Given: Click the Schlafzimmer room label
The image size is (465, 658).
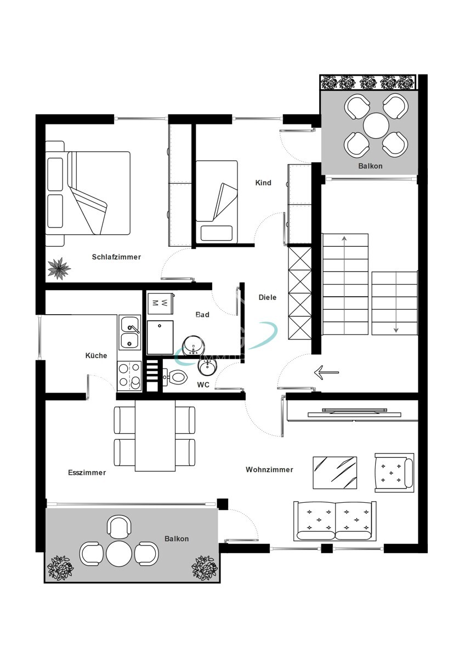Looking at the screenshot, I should (116, 257).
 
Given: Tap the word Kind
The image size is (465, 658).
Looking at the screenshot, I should (263, 183).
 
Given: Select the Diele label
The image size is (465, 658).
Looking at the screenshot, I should (268, 297).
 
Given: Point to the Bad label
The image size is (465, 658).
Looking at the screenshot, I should (202, 315).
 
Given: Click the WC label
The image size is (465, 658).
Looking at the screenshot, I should (203, 385).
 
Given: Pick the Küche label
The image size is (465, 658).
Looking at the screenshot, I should (96, 356).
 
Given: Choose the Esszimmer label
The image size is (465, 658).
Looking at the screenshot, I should (87, 473).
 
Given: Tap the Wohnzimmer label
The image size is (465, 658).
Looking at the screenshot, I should (269, 469).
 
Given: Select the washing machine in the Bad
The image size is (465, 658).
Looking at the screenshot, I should (160, 302).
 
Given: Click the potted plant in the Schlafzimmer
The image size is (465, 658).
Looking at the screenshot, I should (59, 268).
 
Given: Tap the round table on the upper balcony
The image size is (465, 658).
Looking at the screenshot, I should (376, 125).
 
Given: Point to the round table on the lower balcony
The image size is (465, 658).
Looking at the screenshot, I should (120, 554).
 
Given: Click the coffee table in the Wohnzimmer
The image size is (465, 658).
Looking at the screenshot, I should (334, 472).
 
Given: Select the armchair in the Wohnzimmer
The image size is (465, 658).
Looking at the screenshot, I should (394, 471).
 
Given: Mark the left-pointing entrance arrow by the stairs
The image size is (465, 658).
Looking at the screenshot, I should (326, 373).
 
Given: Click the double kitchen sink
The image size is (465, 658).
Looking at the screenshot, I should (130, 333).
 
